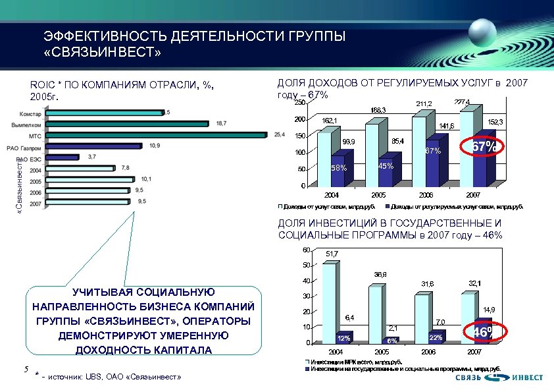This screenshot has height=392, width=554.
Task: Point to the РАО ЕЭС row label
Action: pos(30,159)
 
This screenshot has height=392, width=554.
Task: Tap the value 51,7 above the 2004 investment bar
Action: pos(332,254)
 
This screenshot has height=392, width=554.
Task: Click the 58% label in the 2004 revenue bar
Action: pos(339,168)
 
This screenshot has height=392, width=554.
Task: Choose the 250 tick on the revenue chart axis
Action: pos(299,102)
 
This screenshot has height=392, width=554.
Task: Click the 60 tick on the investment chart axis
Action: pos(305,250)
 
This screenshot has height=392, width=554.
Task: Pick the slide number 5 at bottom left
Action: pos(23,370)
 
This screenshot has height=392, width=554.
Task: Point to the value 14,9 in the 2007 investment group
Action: pos(489,309)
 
